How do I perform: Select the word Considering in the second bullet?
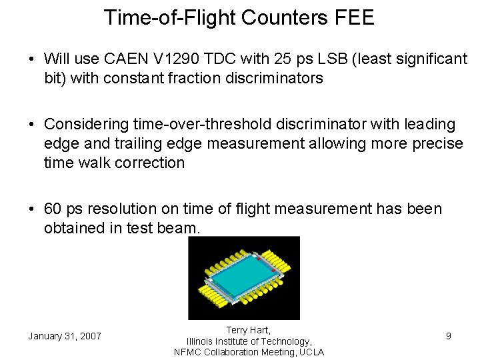point(83,125)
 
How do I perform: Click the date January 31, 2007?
point(65,336)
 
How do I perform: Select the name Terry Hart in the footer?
point(248,330)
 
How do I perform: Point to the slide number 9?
point(449,336)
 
